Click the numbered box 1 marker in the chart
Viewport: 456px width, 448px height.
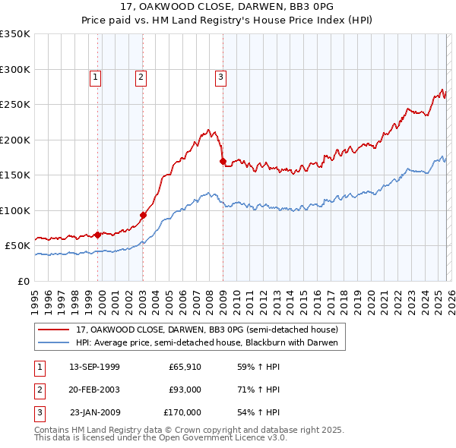[x=96, y=76]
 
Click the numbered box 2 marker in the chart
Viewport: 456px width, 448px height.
[x=141, y=76]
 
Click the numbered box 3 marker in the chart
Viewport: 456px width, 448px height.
[x=220, y=76]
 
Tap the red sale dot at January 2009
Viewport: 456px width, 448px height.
[x=223, y=161]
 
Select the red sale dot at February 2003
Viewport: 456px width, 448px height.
[x=144, y=215]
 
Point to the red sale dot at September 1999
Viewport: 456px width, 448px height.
[x=97, y=235]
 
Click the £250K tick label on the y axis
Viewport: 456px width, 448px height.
[x=15, y=105]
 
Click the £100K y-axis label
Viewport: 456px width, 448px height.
[x=15, y=210]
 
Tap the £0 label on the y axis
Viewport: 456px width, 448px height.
[x=23, y=281]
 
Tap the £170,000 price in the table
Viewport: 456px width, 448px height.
[x=182, y=412]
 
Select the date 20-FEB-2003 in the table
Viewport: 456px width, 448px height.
[x=94, y=390]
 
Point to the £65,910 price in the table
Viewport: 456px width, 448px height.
[x=185, y=367]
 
